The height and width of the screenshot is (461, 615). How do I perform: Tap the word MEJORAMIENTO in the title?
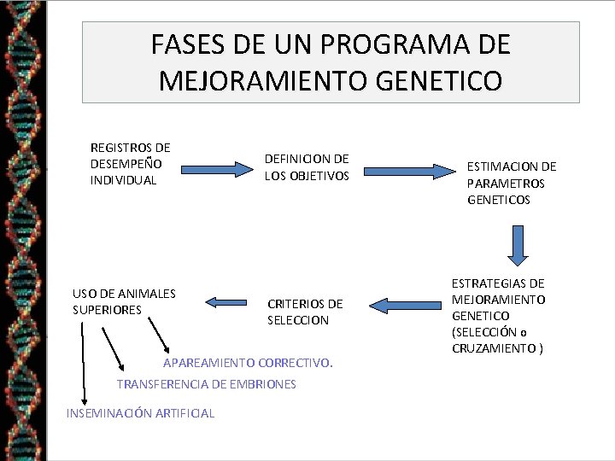pyautogui.click(x=261, y=81)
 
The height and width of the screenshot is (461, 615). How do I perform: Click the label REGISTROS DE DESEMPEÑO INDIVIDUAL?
pyautogui.click(x=130, y=164)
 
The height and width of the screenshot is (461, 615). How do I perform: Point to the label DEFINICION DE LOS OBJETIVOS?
pyautogui.click(x=307, y=167)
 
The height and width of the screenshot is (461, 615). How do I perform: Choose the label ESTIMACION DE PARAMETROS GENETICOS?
pyautogui.click(x=511, y=183)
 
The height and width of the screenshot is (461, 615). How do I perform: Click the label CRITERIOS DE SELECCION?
pyautogui.click(x=305, y=312)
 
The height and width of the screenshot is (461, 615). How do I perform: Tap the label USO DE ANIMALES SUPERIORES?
pyautogui.click(x=124, y=301)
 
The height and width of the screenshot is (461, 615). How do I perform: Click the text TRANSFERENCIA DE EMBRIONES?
pyautogui.click(x=206, y=384)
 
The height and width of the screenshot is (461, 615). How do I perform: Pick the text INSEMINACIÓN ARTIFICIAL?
pyautogui.click(x=140, y=413)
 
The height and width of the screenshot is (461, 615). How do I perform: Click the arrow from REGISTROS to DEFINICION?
pyautogui.click(x=217, y=170)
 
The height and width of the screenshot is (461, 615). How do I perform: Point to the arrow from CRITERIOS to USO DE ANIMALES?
pyautogui.click(x=225, y=301)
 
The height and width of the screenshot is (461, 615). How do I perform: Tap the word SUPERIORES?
pyautogui.click(x=108, y=310)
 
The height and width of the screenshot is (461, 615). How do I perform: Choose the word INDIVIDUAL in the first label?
pyautogui.click(x=123, y=180)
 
